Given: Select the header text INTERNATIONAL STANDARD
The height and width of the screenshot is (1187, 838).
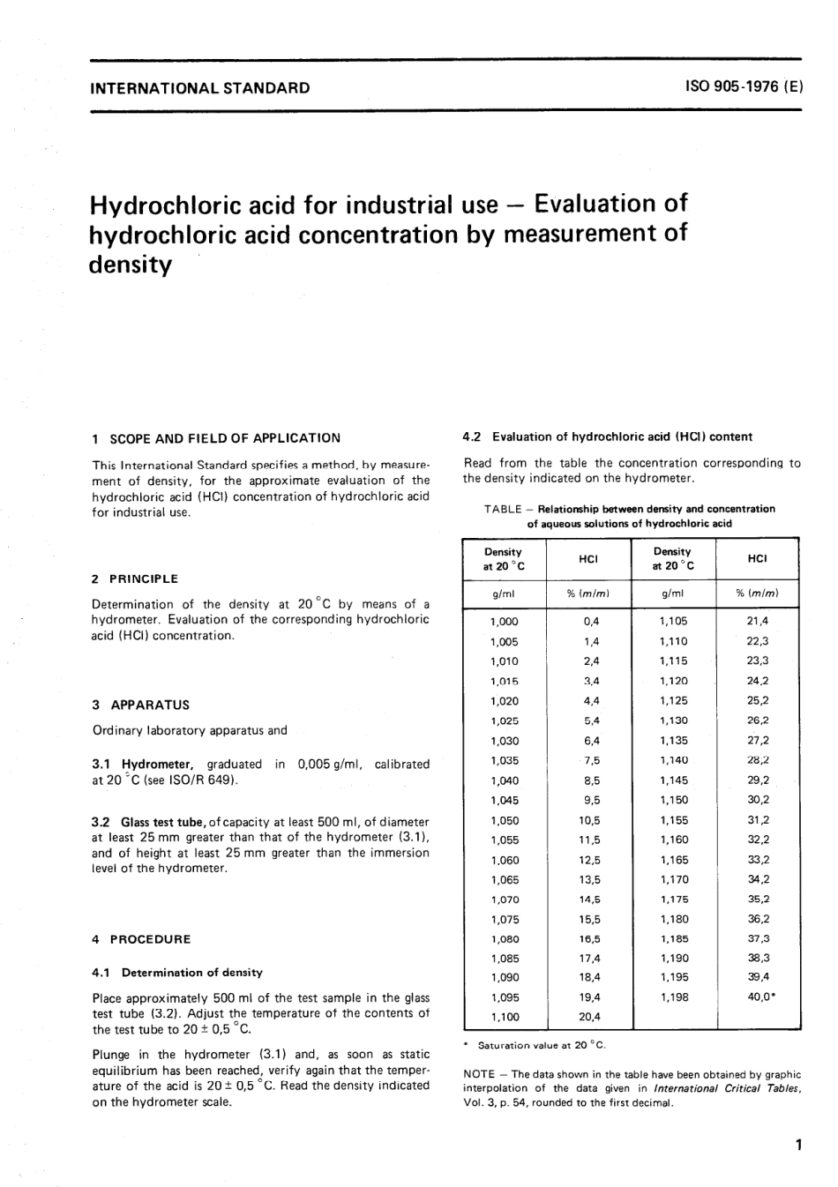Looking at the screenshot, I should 201,87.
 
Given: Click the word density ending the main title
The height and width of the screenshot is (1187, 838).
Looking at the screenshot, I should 131,265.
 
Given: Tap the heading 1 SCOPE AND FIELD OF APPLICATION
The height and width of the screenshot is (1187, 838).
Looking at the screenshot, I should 216,437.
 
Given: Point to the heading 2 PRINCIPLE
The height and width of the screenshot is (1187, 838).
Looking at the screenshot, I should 135,579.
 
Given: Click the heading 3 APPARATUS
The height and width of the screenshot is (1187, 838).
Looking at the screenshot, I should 140,705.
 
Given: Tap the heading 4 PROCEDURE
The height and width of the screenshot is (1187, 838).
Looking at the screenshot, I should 141,939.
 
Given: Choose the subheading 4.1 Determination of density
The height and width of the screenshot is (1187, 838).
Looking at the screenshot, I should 177,973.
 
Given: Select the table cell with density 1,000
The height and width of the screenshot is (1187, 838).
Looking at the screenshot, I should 504,622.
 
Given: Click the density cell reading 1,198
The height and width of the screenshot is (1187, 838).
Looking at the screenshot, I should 674,997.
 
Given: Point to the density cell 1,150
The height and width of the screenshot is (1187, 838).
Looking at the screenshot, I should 674,800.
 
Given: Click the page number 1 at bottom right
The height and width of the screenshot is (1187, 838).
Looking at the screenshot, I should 797,1146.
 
